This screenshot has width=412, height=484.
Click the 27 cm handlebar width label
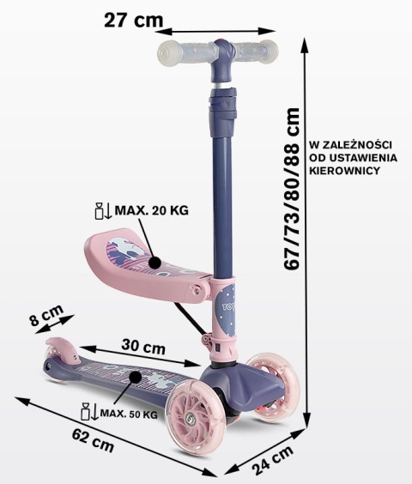[x=133, y=21]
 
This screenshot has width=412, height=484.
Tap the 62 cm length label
[x=93, y=440]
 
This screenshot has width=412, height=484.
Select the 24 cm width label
[x=272, y=460]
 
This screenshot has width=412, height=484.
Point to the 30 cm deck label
[x=143, y=346]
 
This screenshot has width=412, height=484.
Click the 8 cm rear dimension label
[x=47, y=315]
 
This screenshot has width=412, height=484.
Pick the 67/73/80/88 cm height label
[x=292, y=189]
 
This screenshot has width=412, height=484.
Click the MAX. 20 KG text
[x=151, y=210]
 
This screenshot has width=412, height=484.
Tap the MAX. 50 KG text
[x=129, y=414]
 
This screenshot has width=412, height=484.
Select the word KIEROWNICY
[x=344, y=171]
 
